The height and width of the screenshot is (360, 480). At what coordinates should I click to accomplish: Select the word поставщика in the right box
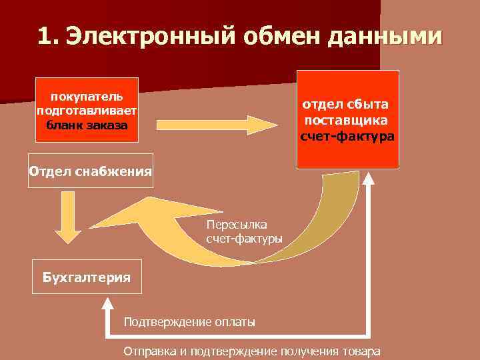point(347,120)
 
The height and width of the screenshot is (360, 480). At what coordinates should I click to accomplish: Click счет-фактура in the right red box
point(347,137)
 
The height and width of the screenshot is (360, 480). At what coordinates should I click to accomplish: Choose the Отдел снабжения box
point(90,171)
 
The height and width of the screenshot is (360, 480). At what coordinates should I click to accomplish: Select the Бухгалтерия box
point(87,277)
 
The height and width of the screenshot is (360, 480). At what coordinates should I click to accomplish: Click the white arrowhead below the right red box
point(369,179)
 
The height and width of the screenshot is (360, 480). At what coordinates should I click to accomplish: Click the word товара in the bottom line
point(363,351)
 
